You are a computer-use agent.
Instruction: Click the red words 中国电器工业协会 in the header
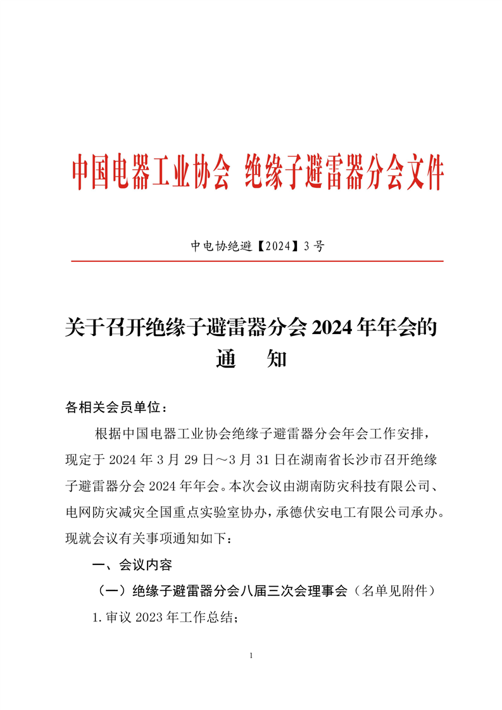(149, 171)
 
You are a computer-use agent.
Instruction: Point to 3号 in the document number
(313, 247)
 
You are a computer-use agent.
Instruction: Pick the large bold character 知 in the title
(278, 359)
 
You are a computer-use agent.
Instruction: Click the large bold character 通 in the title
(227, 359)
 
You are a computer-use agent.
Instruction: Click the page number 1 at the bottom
(251, 656)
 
